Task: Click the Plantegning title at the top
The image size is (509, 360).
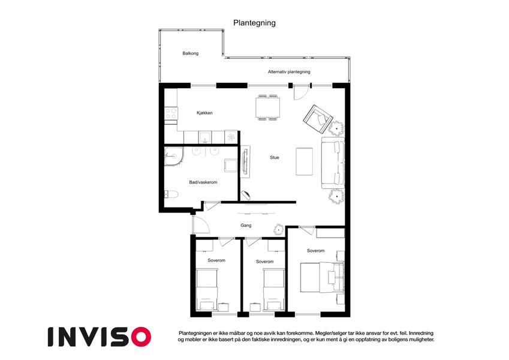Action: (x=254, y=23)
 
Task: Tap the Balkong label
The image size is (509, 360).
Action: (x=190, y=53)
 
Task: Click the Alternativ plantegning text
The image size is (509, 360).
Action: (x=289, y=72)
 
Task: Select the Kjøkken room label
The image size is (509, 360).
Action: (x=204, y=113)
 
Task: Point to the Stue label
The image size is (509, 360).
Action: (x=275, y=157)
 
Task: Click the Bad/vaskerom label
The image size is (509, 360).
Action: (x=203, y=182)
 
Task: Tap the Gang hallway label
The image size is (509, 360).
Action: (x=246, y=225)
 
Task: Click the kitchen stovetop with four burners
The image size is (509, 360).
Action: (x=171, y=114)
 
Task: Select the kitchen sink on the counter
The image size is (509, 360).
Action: (x=205, y=137)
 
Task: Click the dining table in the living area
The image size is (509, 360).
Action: (x=268, y=107)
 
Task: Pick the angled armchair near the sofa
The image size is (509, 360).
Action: (x=318, y=119)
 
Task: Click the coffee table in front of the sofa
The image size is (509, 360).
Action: (x=304, y=161)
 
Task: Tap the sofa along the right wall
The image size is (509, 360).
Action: (x=333, y=163)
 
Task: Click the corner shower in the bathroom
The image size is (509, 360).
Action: (x=173, y=156)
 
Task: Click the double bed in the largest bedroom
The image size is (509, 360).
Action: (x=322, y=277)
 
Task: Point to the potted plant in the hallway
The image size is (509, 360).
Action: (x=279, y=230)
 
